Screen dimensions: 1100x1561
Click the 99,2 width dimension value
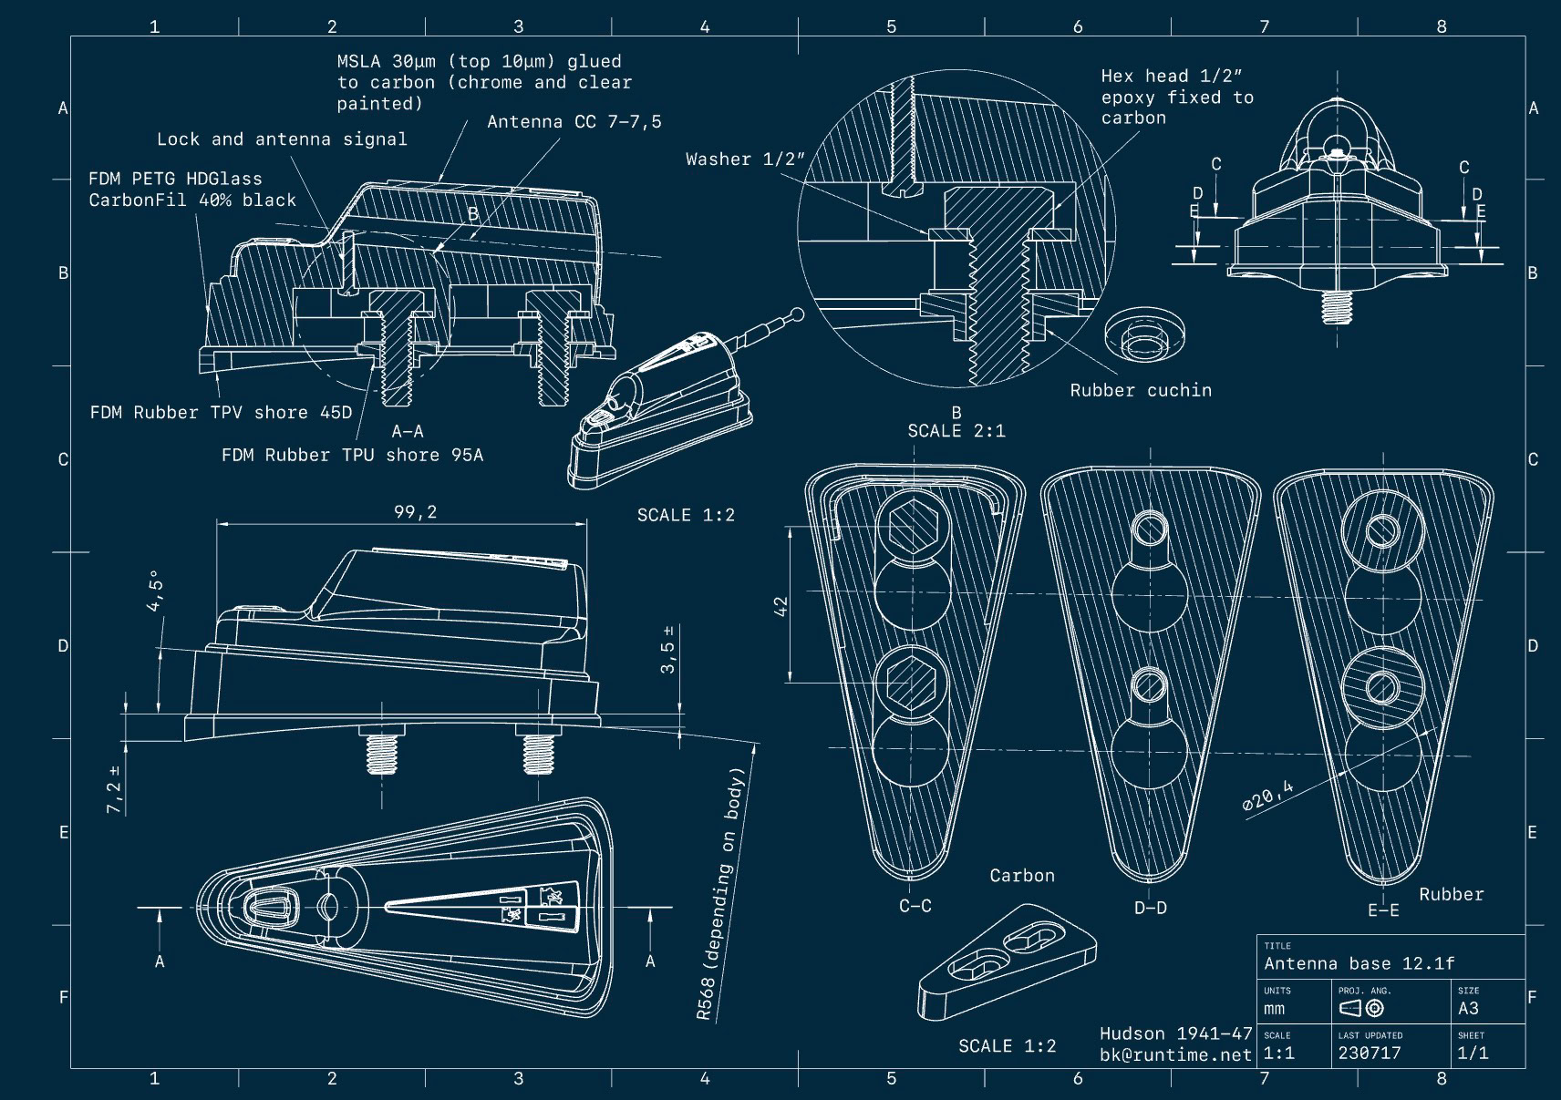415,512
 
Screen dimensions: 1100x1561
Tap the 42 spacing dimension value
780,605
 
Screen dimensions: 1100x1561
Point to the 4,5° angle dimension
155,591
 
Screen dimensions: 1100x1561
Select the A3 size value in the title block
1468,1008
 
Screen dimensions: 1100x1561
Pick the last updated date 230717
1369,1053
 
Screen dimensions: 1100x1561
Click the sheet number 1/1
1473,1053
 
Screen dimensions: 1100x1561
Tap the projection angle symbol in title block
1361,1008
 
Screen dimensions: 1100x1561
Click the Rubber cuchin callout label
1141,390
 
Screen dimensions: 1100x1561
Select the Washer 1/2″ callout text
745,159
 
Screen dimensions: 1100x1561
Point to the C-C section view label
915,906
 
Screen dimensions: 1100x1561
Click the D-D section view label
1150,908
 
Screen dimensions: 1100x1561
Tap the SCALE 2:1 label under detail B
956,431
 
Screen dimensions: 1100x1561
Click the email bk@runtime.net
1175,1054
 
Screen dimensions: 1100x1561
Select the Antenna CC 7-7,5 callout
574,122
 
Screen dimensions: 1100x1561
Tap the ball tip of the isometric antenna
798,315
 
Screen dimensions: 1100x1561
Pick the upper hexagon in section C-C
913,526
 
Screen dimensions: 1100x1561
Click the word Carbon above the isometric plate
1022,876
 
